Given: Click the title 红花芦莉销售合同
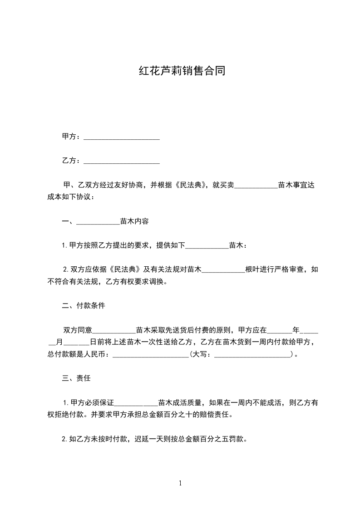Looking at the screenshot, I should [182, 72].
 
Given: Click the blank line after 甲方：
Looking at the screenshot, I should [122, 137].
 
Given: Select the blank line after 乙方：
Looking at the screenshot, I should [122, 161].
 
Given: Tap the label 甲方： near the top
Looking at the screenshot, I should [72, 137].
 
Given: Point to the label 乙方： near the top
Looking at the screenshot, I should [72, 161].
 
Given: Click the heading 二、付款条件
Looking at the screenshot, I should [84, 306].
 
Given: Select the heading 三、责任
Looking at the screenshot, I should [76, 378].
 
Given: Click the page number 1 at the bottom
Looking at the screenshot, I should [180, 483].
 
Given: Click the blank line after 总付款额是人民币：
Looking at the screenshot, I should [150, 354].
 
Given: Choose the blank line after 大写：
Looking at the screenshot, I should [252, 354].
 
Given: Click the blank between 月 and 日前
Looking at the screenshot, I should [79, 342].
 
